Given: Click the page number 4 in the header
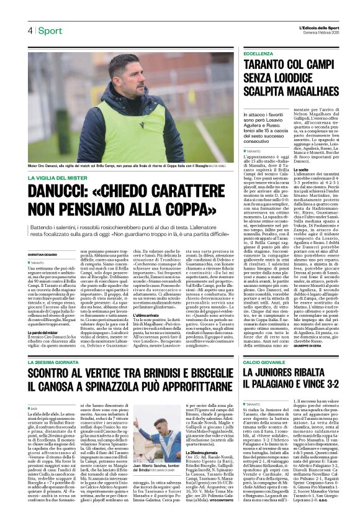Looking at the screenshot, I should (29, 30).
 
